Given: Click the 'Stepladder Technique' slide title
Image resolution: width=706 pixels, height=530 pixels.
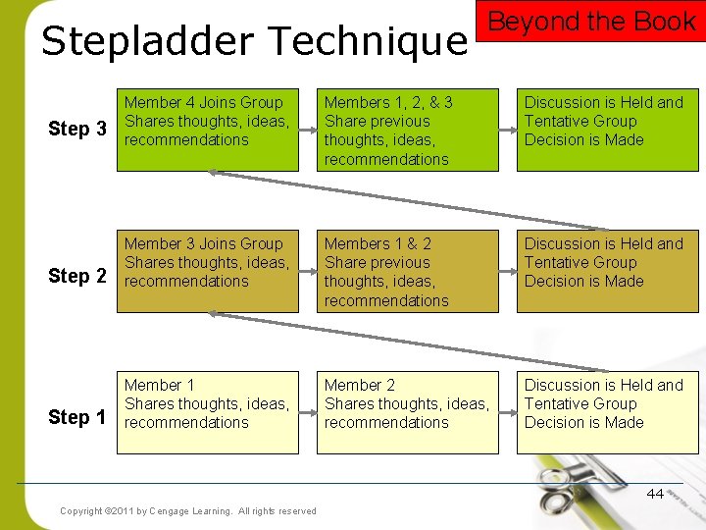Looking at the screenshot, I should click(x=254, y=42).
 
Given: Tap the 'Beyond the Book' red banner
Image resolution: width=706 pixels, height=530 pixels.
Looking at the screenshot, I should click(x=591, y=22).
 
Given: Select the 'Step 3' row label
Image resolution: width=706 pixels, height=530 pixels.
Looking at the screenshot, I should click(x=77, y=130).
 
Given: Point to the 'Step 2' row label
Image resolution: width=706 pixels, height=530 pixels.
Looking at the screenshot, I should click(x=77, y=276).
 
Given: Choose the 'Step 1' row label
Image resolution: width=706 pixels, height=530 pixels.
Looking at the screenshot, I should click(x=77, y=417).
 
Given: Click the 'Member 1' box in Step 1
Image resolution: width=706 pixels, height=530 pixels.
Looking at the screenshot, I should click(x=207, y=412).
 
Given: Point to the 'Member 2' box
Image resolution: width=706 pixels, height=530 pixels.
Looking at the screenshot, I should click(x=407, y=412).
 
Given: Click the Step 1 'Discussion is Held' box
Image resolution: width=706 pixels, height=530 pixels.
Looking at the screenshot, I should click(x=607, y=412).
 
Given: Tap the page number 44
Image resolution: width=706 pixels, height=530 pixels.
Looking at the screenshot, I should click(x=655, y=494).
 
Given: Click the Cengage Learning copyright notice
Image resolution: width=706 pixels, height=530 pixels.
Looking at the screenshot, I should click(x=188, y=510).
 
